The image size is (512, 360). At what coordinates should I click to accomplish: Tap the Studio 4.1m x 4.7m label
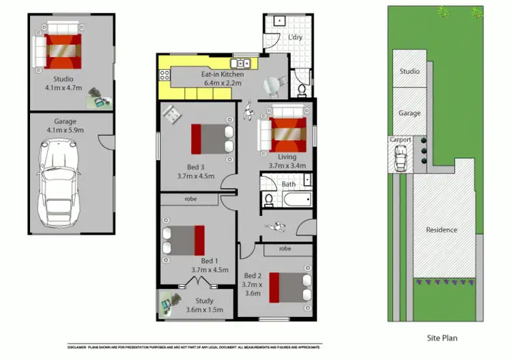(63, 83)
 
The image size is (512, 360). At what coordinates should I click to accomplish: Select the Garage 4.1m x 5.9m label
(62, 126)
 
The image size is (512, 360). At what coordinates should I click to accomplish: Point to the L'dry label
(295, 37)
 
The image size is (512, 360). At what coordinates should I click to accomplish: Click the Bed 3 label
(195, 171)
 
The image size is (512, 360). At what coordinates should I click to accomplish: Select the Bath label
(288, 184)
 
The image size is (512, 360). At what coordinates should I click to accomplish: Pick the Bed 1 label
(209, 265)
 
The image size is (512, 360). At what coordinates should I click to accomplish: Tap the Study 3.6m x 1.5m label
(204, 305)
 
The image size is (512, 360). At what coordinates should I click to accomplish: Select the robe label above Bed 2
(285, 249)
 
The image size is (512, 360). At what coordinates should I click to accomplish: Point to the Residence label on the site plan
(441, 230)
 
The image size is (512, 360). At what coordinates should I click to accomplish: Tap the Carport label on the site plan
(400, 139)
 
